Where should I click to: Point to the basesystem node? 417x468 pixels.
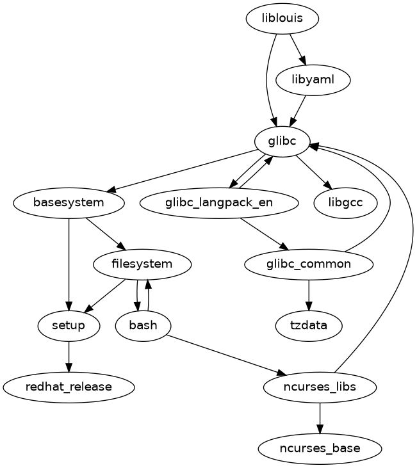point(69,203)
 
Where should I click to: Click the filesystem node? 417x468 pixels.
point(142,264)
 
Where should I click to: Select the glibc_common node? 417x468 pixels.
point(309,264)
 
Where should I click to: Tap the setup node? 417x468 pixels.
point(69,325)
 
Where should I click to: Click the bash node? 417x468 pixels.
point(143,325)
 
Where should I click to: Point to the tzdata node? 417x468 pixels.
point(309,325)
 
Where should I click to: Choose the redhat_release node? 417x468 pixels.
point(69,387)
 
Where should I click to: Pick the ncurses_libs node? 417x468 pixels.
point(320,387)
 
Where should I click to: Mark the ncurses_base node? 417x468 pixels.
point(320,448)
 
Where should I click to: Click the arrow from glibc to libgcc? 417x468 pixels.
point(314,172)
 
